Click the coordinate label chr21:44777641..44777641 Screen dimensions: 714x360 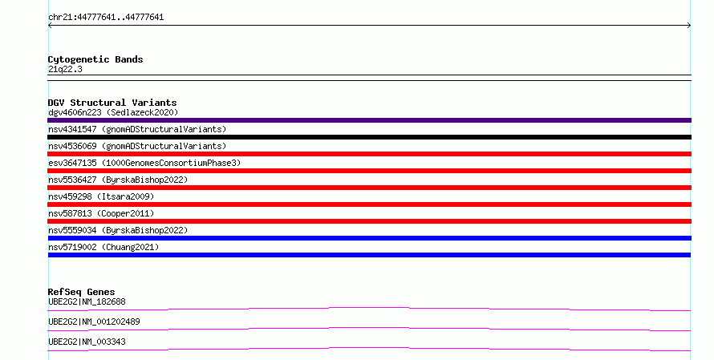point(106,18)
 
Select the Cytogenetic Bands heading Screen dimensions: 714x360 point(95,59)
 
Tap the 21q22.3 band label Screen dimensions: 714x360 point(65,69)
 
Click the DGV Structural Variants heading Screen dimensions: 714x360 point(112,103)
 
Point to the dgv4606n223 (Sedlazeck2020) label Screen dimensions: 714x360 point(113,112)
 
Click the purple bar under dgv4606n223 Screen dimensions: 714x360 point(369,120)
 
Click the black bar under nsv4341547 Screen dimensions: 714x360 point(369,137)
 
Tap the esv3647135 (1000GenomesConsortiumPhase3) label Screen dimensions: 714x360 point(144,163)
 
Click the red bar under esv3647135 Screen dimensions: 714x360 point(369,171)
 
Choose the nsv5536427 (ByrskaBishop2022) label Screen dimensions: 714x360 point(118,180)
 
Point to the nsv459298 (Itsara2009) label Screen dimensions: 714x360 point(101,196)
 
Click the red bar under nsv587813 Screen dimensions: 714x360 point(369,221)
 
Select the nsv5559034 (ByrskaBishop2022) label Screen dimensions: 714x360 point(118,230)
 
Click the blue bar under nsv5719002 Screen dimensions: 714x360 point(369,255)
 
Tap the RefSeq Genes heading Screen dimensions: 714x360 point(82,292)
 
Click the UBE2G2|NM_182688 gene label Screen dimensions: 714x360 point(87,301)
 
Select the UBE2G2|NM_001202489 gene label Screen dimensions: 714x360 point(94,322)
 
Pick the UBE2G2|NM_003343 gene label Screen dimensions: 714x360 point(87,342)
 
